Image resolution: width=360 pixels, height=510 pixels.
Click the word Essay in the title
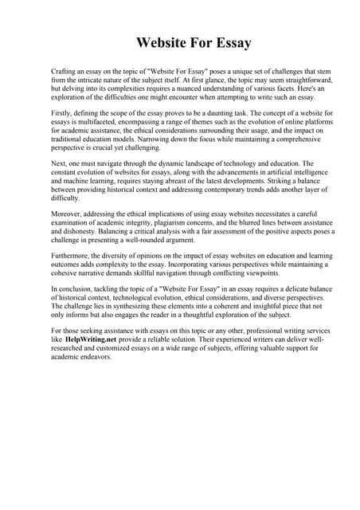point(231,43)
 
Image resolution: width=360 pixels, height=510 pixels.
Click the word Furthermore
point(71,257)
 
